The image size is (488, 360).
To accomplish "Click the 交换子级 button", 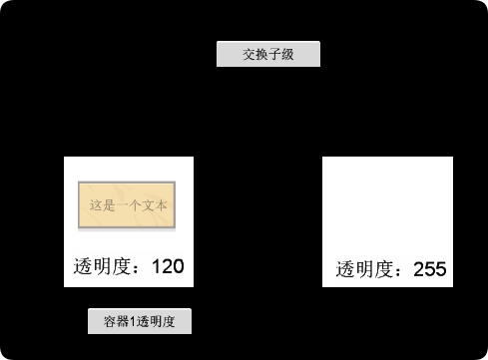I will pos(268,54).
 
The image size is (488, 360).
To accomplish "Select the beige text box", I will pos(127,205).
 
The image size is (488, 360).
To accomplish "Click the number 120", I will pos(168,266).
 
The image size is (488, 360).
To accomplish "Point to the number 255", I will pos(429,269).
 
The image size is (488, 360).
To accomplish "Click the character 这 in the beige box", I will pos(96,205).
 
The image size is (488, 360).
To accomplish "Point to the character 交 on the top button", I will pos(249,54).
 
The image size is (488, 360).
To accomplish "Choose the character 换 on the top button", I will pos(261,54).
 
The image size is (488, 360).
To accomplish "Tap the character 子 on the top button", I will pos(274,54).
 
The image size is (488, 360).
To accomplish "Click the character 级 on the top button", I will pos(287,54).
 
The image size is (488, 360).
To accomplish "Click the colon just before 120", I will pos(142,267).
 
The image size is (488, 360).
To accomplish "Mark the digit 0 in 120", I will pos(178,266).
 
